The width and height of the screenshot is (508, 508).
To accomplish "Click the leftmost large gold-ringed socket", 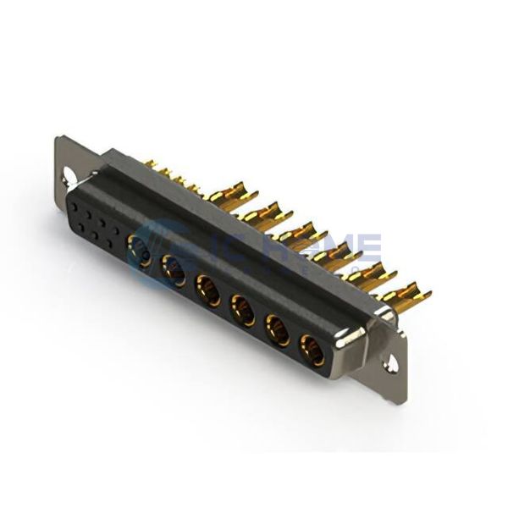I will [140, 251].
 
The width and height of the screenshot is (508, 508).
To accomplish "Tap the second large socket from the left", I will [174, 270].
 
